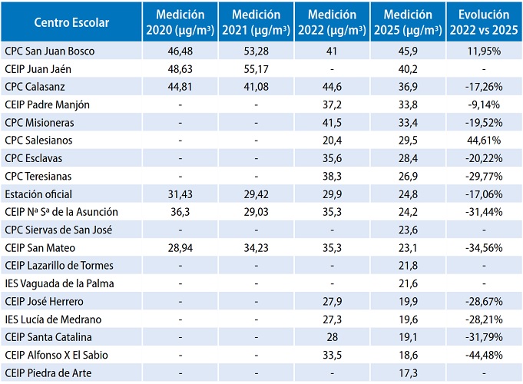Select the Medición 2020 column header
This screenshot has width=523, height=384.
180,22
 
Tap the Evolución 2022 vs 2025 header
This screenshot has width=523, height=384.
483,22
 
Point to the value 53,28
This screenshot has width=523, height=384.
255,50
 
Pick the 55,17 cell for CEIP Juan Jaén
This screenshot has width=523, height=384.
255,68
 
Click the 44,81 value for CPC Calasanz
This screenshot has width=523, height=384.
179,85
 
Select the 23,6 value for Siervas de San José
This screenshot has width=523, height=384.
407,228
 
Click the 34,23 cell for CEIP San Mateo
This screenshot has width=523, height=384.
255,247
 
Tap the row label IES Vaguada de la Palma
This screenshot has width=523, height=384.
53,282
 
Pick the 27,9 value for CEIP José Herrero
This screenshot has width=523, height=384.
331,300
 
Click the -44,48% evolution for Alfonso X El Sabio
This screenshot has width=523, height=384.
483,354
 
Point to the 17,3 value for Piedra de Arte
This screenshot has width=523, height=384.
407,372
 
